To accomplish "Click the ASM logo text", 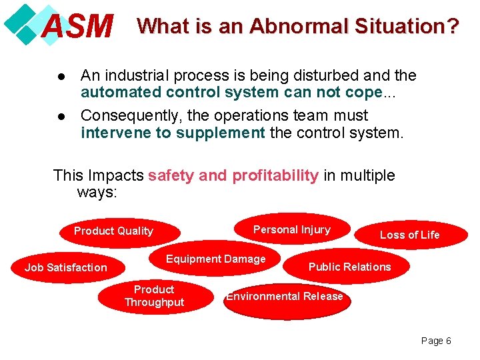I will click(77, 27).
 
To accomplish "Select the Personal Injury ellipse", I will click(292, 229).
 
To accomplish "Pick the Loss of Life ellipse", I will click(409, 235).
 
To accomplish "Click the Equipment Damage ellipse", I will click(215, 259).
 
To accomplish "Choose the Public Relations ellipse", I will click(349, 267).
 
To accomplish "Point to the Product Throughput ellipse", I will click(154, 296).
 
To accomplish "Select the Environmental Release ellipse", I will click(285, 297).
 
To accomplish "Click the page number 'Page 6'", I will click(436, 341).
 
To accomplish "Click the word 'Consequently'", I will click(125, 115).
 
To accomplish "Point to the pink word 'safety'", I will click(171, 175).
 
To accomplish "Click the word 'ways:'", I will click(97, 193).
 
